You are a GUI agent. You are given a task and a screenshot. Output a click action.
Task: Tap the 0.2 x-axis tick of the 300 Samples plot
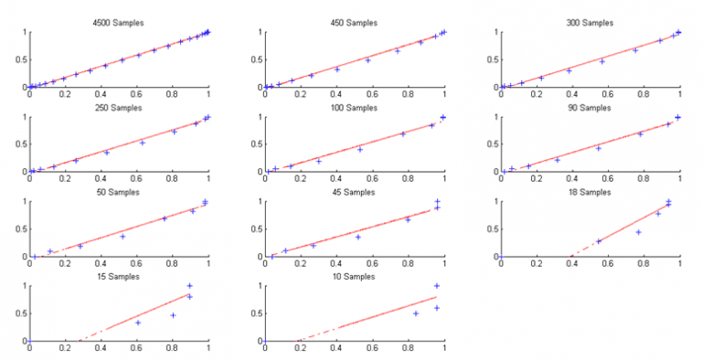537,95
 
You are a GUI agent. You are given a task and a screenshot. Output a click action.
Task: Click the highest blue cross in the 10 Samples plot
437,286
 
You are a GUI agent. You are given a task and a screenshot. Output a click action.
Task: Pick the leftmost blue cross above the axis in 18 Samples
599,241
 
